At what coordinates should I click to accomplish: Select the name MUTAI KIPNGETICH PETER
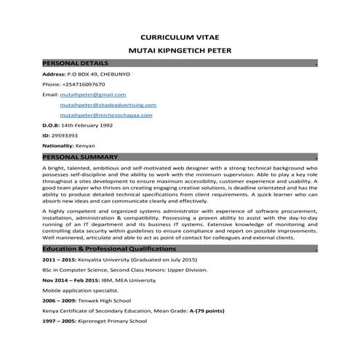[179, 52]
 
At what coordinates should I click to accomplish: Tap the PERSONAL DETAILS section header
[76, 64]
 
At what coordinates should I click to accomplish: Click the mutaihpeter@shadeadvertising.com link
[105, 105]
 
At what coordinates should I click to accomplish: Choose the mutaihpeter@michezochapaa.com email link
[106, 115]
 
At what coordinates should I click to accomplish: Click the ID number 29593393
[65, 135]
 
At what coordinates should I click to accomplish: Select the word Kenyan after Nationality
[91, 145]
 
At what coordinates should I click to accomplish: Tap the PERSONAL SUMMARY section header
[79, 157]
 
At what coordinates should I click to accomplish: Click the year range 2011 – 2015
[59, 260]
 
